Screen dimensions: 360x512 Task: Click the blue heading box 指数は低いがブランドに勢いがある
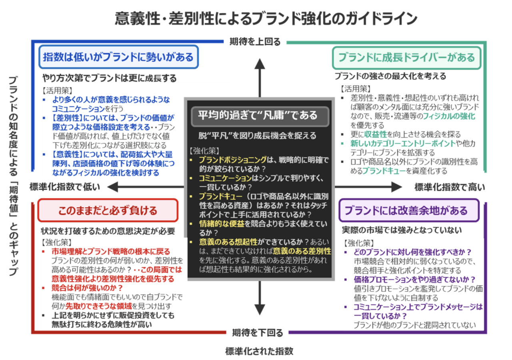(x=118, y=58)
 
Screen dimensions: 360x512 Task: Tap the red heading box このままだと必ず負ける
(x=108, y=210)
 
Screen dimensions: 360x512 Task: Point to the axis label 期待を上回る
(x=255, y=41)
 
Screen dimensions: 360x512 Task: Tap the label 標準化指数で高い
(x=450, y=187)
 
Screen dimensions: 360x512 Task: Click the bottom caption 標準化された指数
(x=259, y=352)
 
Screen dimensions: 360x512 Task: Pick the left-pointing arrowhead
(x=112, y=186)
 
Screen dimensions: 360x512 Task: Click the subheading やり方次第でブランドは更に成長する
(x=109, y=78)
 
